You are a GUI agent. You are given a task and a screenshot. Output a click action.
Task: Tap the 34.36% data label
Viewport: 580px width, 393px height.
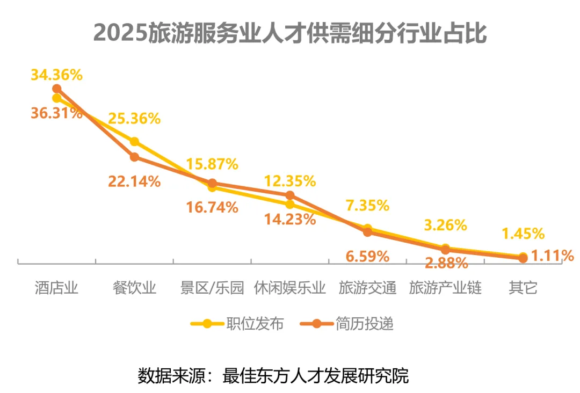coord(56,75)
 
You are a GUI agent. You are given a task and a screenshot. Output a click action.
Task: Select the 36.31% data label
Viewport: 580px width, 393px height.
coord(56,114)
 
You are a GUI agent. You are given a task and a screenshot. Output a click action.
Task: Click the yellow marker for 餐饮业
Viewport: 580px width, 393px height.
coord(134,142)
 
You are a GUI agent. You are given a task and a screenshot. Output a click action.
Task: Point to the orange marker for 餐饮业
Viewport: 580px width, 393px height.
coord(134,157)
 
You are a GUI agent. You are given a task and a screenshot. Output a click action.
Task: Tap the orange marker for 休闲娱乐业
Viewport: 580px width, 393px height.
coord(290,195)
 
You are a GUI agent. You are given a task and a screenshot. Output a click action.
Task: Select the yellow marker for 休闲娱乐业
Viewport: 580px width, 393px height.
coord(290,204)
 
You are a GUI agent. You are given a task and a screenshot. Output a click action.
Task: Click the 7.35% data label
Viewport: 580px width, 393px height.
coord(367,205)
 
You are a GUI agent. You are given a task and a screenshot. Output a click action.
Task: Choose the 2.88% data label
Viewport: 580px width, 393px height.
coord(445,263)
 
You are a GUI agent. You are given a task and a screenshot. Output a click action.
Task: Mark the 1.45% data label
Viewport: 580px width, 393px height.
coord(523,234)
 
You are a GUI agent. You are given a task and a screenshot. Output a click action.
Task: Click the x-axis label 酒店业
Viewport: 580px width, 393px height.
coord(56,288)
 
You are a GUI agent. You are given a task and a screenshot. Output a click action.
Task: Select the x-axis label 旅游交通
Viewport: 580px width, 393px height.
coord(367,288)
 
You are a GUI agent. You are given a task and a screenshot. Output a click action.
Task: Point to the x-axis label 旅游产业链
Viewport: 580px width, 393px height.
coord(445,288)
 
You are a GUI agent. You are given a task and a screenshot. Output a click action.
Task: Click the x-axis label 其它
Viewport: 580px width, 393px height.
coord(523,288)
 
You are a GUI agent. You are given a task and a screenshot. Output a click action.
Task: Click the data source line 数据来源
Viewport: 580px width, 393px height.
coord(273,374)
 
